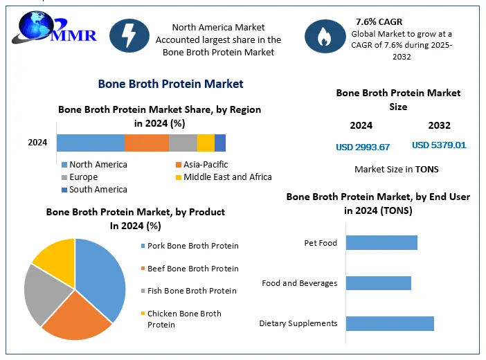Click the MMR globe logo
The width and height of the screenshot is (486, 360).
[54, 27]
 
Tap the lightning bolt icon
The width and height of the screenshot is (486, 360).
[129, 35]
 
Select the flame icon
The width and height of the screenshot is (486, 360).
[325, 36]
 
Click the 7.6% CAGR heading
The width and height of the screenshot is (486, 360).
[379, 21]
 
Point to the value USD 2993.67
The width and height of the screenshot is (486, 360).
[363, 147]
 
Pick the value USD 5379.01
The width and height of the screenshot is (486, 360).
[439, 145]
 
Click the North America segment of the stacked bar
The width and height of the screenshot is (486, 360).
[91, 143]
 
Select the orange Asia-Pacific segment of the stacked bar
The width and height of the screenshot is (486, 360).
[147, 143]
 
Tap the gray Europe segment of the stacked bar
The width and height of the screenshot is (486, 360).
[183, 143]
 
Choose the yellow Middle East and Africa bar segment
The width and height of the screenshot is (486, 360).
[206, 143]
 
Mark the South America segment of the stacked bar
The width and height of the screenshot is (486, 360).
[220, 143]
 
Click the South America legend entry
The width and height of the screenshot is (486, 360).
[95, 190]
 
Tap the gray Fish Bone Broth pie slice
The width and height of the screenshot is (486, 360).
[46, 294]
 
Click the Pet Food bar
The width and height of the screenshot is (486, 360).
[381, 242]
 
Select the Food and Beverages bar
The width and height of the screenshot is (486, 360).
[379, 283]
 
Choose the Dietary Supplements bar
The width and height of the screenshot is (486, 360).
[390, 323]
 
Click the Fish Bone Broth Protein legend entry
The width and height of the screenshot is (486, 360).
[189, 291]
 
